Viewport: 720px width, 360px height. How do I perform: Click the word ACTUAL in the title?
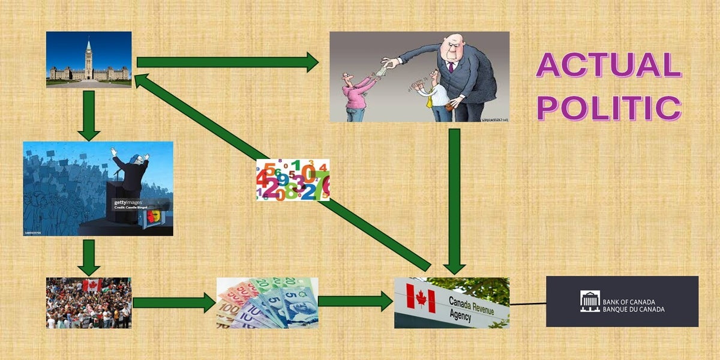[608, 65]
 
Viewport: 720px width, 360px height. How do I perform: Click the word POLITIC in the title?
[608, 108]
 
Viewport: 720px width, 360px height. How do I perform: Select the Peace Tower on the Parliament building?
[89, 56]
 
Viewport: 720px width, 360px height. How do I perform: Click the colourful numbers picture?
[293, 179]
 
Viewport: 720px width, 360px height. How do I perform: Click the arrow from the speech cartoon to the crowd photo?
[89, 257]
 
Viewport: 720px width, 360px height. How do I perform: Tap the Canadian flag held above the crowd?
[92, 284]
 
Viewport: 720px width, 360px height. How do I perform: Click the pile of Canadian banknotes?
[267, 302]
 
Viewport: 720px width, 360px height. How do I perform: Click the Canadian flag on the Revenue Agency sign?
[421, 298]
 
